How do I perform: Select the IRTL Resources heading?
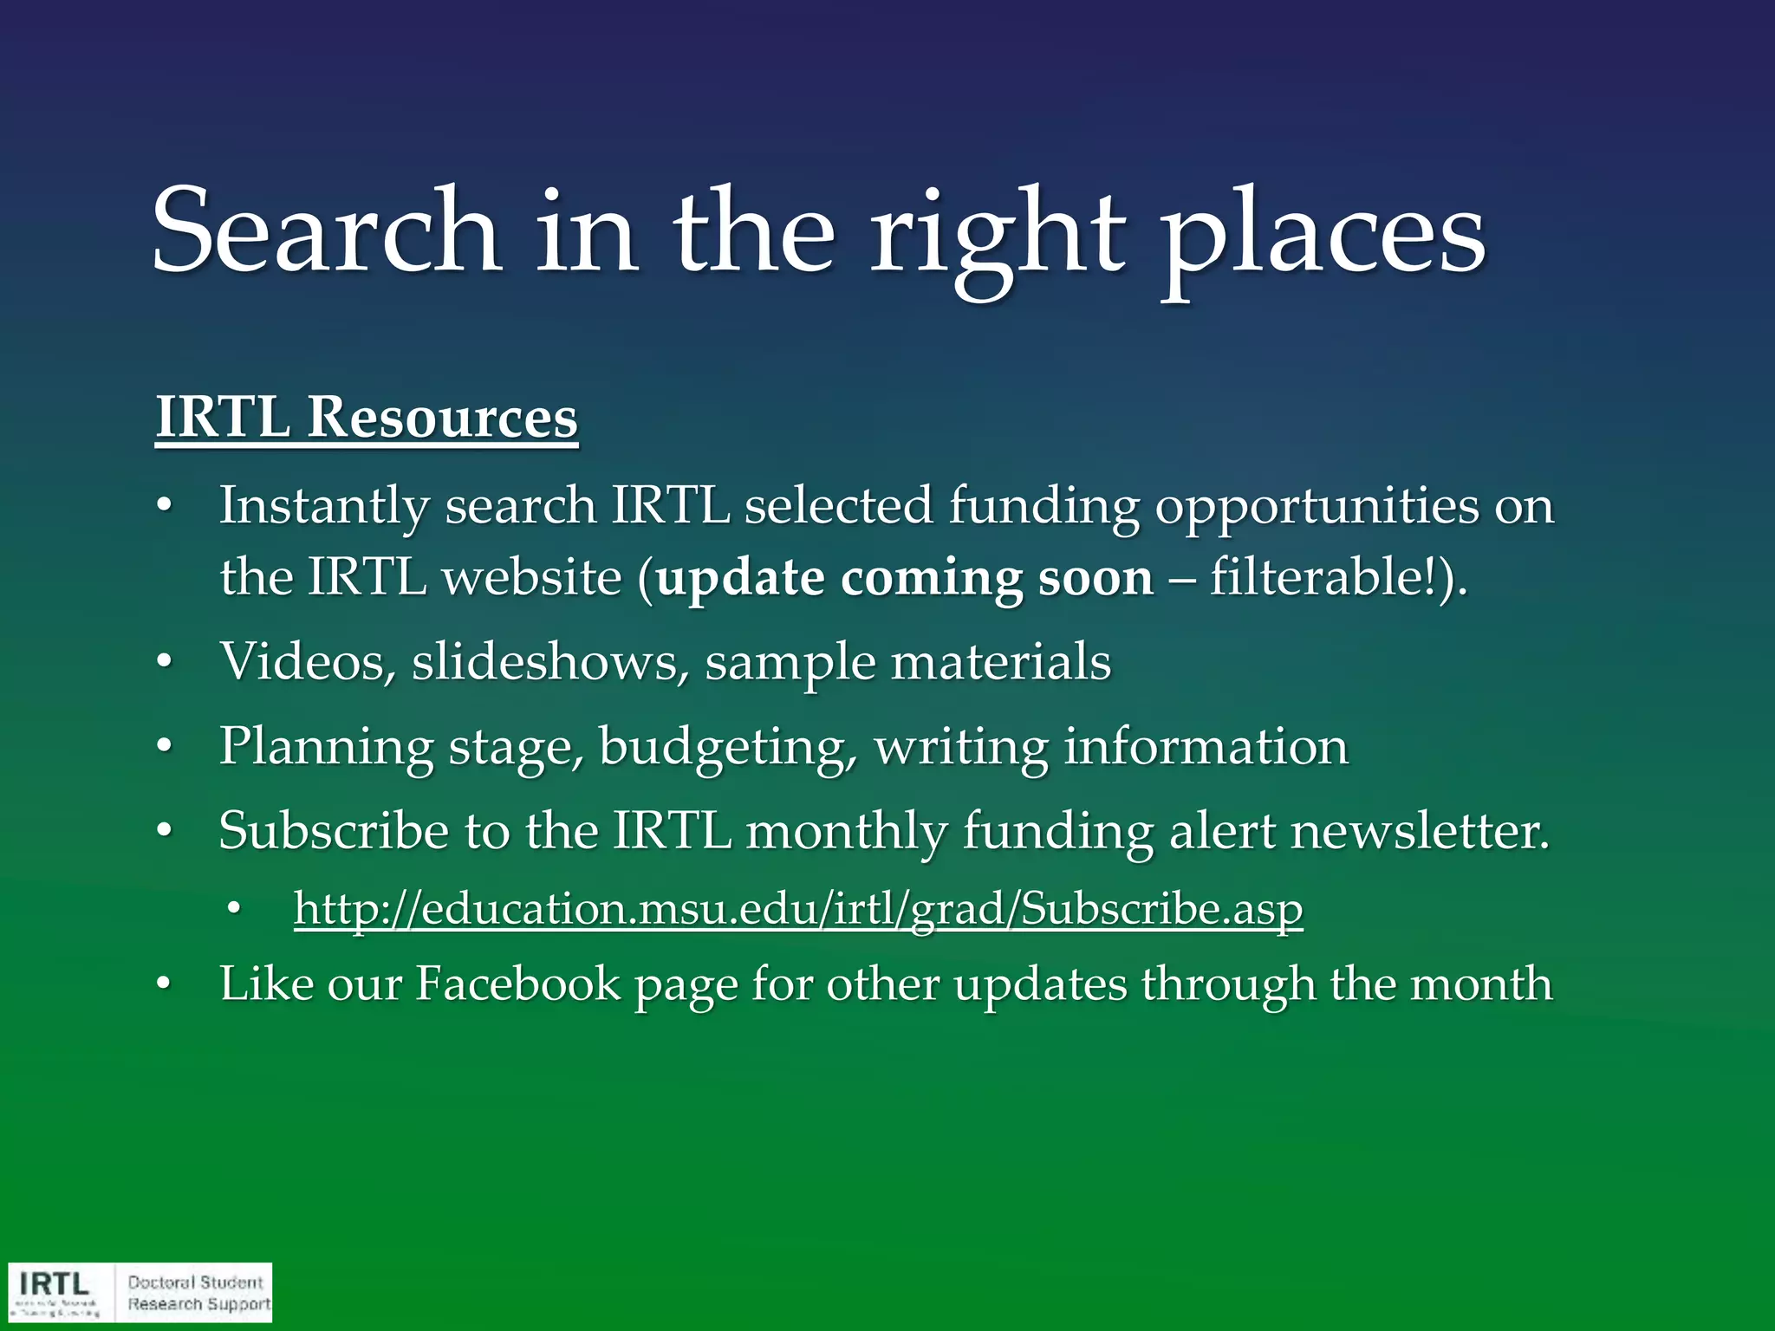tap(366, 417)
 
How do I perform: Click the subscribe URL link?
tap(798, 908)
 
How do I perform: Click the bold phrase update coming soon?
tap(904, 577)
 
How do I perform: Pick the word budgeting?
tap(727, 747)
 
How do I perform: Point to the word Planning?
tap(326, 747)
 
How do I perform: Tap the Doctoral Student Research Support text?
tap(198, 1293)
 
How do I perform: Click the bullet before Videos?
tap(165, 663)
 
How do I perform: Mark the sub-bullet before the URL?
tap(233, 909)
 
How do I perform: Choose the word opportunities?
tap(1317, 506)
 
